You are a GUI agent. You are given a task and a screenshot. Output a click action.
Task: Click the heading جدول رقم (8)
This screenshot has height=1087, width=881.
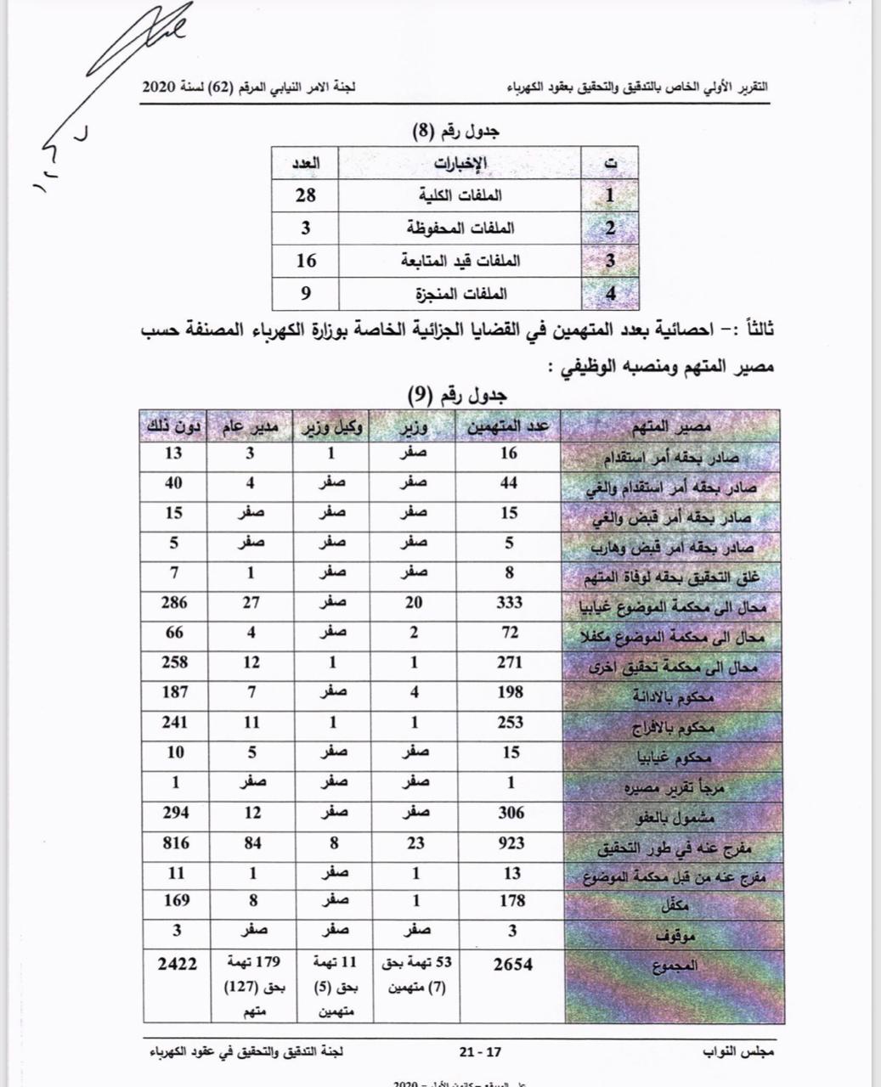click(x=457, y=132)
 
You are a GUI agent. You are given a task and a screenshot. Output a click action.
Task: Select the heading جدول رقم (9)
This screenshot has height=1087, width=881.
click(x=457, y=395)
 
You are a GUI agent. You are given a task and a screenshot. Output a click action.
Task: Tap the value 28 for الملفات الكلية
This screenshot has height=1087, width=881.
click(x=306, y=194)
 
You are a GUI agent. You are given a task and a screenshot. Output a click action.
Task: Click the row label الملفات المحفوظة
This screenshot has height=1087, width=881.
click(x=460, y=228)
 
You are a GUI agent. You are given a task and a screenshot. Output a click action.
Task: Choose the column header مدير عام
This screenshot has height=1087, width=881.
click(x=251, y=426)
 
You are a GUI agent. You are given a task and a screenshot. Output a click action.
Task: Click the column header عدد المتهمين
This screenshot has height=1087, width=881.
click(x=510, y=426)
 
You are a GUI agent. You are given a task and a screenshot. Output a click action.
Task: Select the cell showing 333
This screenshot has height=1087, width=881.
click(x=510, y=603)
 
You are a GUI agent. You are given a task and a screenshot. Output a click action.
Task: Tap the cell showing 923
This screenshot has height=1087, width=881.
click(x=510, y=843)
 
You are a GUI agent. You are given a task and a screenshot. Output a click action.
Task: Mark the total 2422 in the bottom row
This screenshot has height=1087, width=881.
click(x=177, y=964)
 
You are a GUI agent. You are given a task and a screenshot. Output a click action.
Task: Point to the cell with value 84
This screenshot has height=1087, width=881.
click(x=251, y=843)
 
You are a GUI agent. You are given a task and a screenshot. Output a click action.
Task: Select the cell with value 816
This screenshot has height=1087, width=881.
click(x=177, y=843)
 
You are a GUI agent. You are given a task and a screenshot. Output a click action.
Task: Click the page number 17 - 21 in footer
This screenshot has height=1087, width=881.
click(x=480, y=1051)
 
